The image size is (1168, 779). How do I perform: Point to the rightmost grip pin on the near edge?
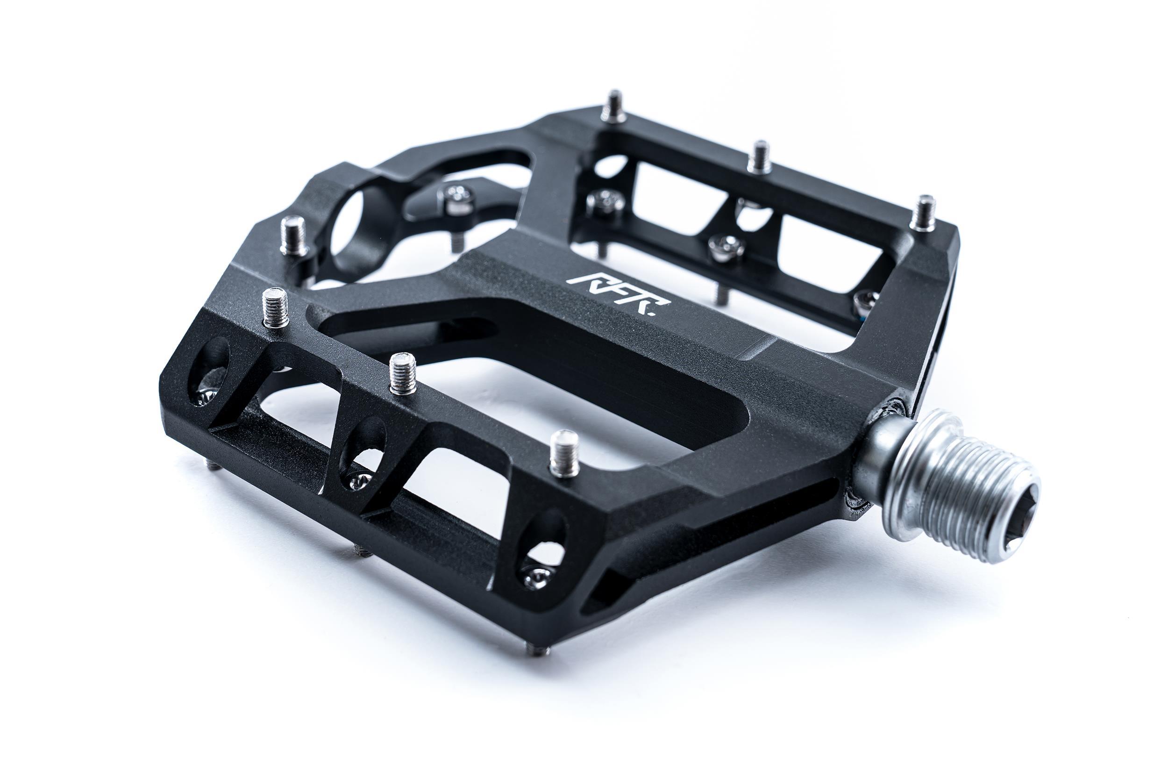[565, 453]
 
